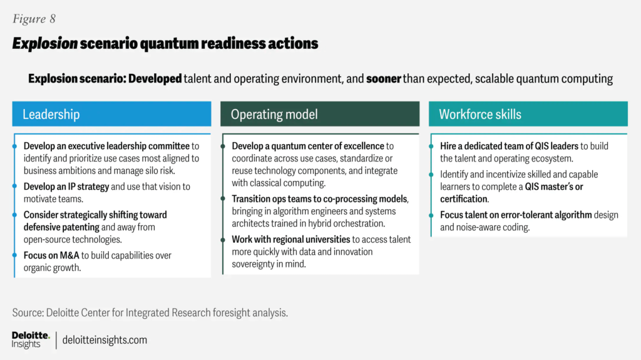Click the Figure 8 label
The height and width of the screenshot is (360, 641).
click(x=38, y=19)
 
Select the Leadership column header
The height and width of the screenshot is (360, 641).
click(x=51, y=114)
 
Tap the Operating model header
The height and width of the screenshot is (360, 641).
click(x=274, y=114)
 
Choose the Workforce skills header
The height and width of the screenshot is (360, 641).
click(x=480, y=114)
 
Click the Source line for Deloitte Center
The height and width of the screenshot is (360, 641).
click(x=150, y=312)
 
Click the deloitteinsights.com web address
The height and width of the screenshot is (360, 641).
click(x=105, y=340)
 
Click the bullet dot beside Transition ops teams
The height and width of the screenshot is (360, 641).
click(x=223, y=199)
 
